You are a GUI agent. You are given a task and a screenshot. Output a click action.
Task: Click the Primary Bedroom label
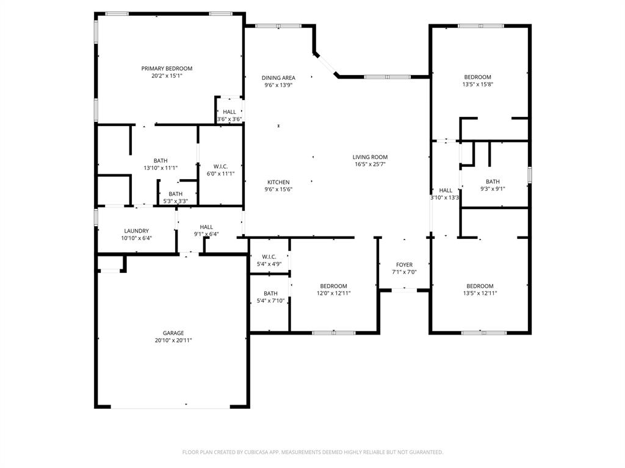167,68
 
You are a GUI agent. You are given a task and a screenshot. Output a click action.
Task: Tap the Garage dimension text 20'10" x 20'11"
173,341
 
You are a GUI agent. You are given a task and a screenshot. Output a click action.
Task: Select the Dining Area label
278,77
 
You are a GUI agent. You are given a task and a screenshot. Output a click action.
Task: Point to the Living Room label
370,157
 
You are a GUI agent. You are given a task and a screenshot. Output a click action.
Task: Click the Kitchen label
278,182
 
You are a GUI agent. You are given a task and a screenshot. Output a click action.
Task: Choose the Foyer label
404,264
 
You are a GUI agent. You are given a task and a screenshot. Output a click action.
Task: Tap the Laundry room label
136,231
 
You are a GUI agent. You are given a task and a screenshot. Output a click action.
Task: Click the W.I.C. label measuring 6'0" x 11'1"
220,166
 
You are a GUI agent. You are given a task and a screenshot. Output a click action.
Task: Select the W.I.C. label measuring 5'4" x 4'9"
269,257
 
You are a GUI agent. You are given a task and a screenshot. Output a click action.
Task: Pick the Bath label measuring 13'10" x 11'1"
161,160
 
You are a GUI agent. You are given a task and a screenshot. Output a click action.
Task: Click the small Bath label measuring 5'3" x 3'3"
175,194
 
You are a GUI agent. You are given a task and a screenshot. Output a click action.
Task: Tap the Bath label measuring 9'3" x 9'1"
493,182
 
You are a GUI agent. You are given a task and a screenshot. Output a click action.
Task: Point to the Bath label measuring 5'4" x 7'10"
270,293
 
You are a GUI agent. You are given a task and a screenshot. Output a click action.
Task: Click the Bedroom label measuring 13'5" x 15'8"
477,77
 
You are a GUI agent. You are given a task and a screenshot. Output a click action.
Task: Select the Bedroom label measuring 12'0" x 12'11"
334,286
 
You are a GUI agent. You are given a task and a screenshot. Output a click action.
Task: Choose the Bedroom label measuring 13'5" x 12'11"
480,286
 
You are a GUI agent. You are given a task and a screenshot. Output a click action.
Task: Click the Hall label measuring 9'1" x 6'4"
206,227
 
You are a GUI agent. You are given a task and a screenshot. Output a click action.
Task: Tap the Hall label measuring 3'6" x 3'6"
229,112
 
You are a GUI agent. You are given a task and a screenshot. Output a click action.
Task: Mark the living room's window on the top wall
387,77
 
